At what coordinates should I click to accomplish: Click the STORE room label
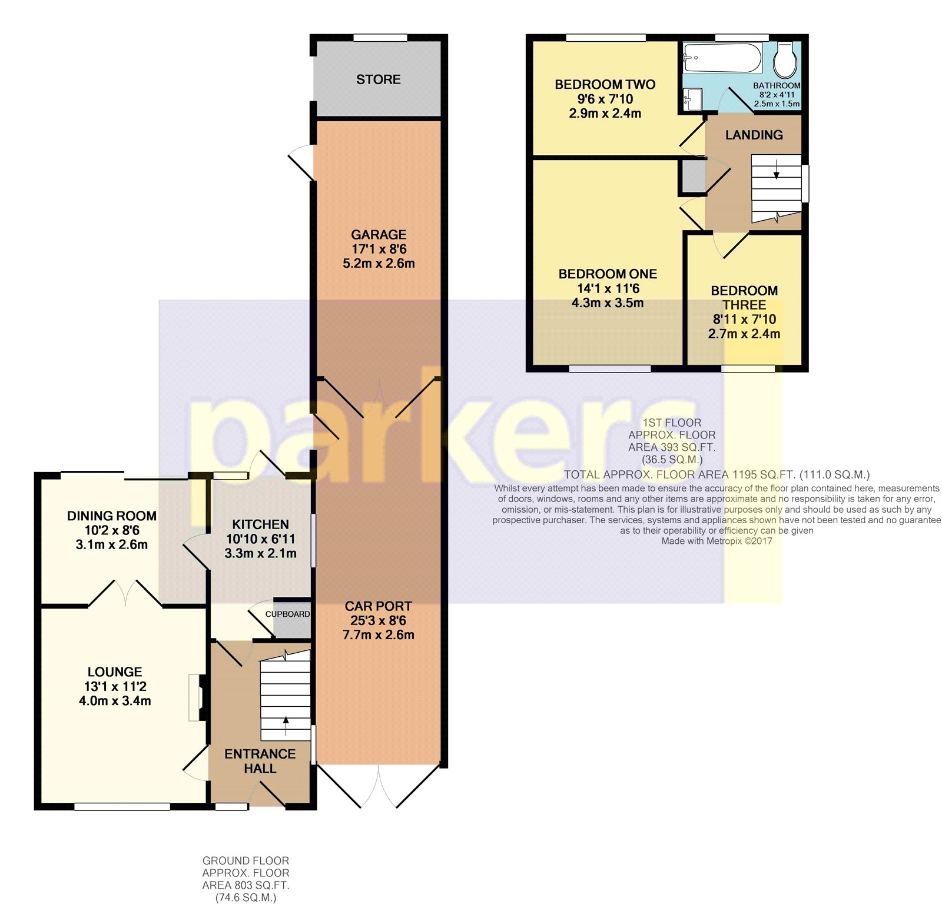[x=378, y=79]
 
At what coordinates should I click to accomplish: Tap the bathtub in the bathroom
[x=723, y=58]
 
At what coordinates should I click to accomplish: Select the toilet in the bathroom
[x=785, y=59]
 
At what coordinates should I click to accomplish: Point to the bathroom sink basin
[x=693, y=99]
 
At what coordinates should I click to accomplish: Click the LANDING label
[x=754, y=135]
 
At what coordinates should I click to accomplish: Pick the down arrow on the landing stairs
[x=776, y=170]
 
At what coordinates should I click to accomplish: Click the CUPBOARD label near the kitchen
[x=287, y=614]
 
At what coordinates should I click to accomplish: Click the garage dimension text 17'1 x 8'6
[x=379, y=249]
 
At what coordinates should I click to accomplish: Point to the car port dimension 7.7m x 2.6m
[x=379, y=634]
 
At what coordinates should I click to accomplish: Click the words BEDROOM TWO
[x=605, y=84]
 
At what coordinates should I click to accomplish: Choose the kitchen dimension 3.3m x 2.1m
[x=260, y=553]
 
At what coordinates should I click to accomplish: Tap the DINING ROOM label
[x=112, y=516]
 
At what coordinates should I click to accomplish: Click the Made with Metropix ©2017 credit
[x=717, y=541]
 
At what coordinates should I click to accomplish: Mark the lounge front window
[x=122, y=807]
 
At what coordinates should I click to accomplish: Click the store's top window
[x=380, y=38]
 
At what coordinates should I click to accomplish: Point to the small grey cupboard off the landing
[x=694, y=175]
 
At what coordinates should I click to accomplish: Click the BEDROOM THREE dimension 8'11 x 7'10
[x=744, y=319]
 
